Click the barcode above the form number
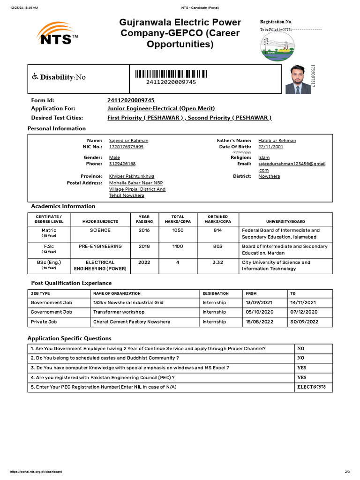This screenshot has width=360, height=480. click(x=171, y=74)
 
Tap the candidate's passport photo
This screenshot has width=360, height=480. click(x=298, y=79)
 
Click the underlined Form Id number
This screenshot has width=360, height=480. click(x=131, y=100)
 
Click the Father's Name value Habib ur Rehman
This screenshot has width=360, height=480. click(x=277, y=140)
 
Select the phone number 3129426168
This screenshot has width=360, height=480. click(x=122, y=164)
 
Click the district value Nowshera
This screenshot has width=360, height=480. click(x=269, y=176)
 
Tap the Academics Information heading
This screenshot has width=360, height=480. click(x=63, y=206)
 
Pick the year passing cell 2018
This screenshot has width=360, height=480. click(x=144, y=246)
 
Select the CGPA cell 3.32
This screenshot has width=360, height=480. click(x=217, y=262)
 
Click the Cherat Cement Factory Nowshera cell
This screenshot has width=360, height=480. click(x=131, y=322)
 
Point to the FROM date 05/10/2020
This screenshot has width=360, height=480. click(x=257, y=312)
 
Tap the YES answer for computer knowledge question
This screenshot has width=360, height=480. click(x=301, y=368)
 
